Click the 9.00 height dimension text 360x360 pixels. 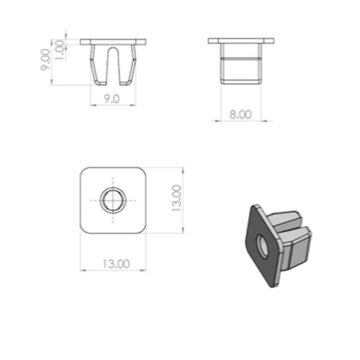(x=45, y=60)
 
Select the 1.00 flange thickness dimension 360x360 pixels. (x=60, y=50)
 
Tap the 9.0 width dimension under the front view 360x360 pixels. (x=112, y=99)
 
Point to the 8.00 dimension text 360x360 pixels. (x=240, y=114)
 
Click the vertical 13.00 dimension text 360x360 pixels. (x=177, y=198)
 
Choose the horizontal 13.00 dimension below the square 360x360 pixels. (x=117, y=264)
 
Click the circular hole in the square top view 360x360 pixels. (x=113, y=200)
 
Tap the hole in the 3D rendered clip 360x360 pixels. (x=263, y=246)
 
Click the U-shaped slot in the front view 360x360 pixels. (x=113, y=66)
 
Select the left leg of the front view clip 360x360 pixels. (x=98, y=66)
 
